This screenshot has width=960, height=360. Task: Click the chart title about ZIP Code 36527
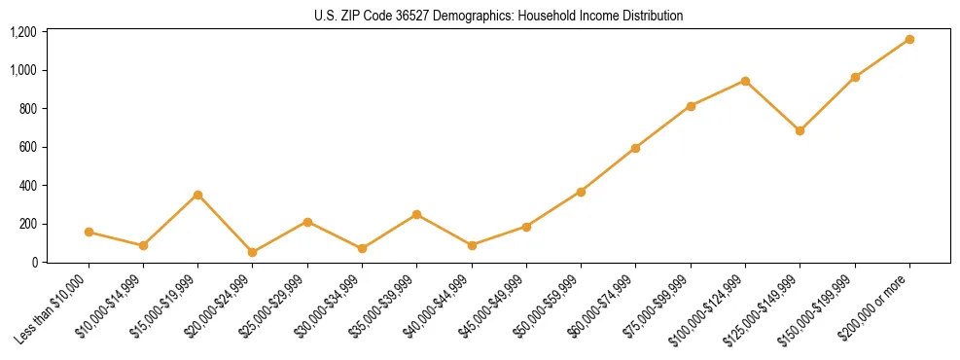[498, 16]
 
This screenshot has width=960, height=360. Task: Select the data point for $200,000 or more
[909, 39]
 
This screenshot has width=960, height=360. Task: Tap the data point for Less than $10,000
[89, 232]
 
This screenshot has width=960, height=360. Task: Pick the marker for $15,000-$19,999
[197, 195]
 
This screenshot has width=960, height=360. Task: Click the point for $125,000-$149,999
[800, 130]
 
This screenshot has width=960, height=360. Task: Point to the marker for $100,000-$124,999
[745, 81]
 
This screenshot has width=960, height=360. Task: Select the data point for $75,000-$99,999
[691, 106]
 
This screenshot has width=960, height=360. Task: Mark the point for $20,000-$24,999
[252, 252]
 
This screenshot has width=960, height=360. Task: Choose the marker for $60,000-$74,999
[635, 148]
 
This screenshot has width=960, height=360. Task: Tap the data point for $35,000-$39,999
[416, 214]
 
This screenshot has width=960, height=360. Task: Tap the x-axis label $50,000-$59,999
[553, 305]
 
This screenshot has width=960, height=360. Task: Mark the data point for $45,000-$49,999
[526, 227]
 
